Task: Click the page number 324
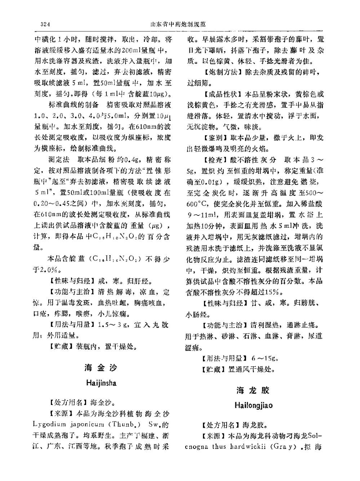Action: pos(45,25)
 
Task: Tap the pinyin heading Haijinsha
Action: pos(101,383)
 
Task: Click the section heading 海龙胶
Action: pos(253,390)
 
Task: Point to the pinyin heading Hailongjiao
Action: pos(253,405)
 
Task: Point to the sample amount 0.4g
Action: pos(132,160)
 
